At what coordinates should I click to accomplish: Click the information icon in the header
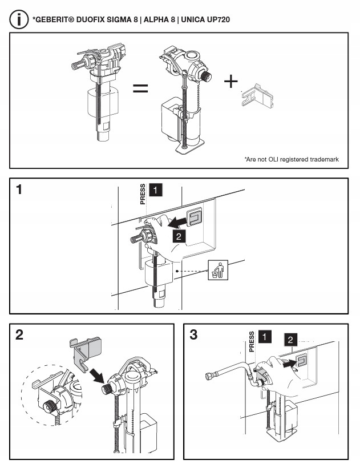[x=19, y=19]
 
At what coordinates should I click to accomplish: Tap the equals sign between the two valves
[x=140, y=88]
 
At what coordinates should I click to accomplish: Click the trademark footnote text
[x=291, y=159]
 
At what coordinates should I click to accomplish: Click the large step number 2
[x=19, y=335]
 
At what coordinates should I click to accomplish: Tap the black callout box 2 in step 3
[x=290, y=340]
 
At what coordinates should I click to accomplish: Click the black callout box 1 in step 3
[x=264, y=337]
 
